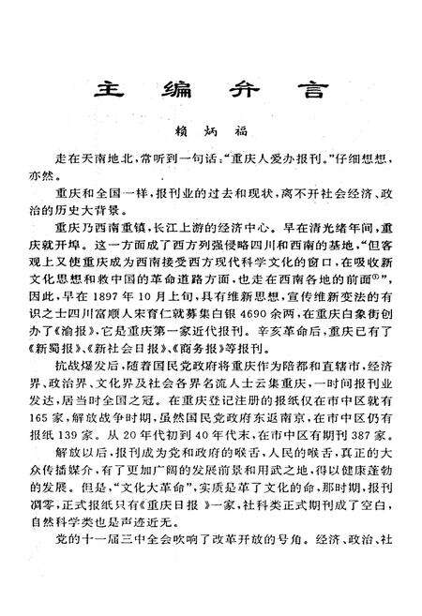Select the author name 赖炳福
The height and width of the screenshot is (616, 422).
coord(209,135)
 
